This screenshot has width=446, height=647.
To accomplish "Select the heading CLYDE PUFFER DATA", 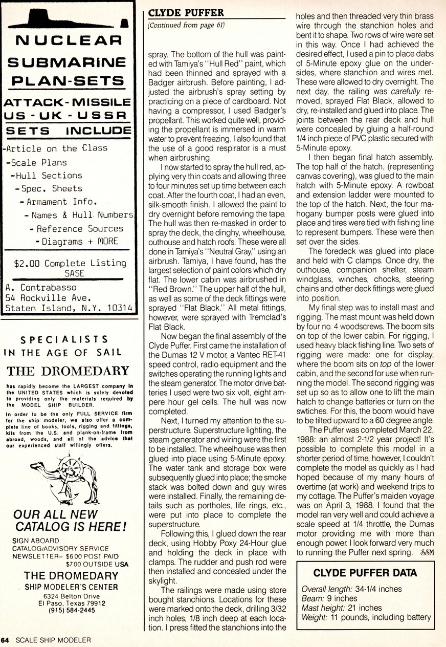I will click(365, 573).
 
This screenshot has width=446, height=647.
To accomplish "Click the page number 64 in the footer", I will click(5, 640).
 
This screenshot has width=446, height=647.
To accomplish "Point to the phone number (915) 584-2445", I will click(72, 610).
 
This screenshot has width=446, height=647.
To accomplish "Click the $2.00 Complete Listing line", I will click(70, 263).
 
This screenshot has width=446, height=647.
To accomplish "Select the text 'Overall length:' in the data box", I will click(324, 589).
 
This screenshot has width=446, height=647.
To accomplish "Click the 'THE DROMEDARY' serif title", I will click(68, 371).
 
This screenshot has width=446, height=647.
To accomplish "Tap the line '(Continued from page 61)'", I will click(186, 25).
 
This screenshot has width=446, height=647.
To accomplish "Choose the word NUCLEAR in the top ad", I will click(68, 40).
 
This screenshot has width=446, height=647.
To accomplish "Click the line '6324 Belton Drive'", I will click(71, 596).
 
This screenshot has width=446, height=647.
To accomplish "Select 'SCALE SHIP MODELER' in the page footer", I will click(53, 640).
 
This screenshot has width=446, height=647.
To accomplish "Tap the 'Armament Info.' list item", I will click(62, 202).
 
